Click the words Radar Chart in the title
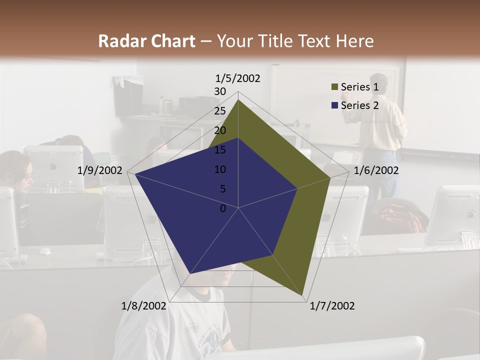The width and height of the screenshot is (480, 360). tap(146, 41)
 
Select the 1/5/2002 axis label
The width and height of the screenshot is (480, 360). tap(238, 78)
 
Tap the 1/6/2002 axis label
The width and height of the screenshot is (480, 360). tap(376, 170)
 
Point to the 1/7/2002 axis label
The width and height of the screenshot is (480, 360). tap(332, 306)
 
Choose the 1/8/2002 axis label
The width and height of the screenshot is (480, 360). tap(144, 306)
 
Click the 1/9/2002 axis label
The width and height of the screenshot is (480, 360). tap(100, 170)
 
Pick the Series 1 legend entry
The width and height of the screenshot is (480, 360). tap(359, 87)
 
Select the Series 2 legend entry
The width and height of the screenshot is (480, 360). tap(359, 105)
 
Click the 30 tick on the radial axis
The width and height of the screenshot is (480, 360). tap(220, 91)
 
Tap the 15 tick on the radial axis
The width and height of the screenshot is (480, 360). tap(220, 150)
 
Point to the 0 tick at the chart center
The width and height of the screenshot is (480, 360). tap(223, 208)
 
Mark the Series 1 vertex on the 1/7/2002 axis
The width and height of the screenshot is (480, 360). tap(303, 295)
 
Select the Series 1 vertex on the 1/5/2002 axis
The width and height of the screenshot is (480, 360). tap(238, 99)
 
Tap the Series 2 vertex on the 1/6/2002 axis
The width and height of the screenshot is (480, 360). tap(297, 188)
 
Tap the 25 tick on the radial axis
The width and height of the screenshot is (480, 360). tap(220, 111)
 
